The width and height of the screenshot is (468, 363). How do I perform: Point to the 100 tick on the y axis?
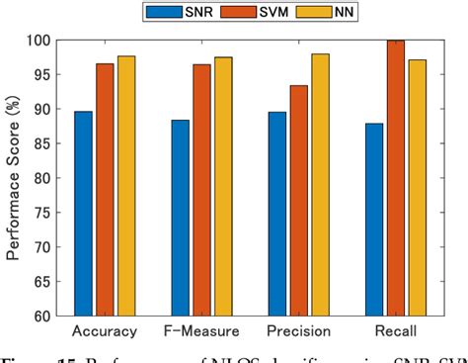point(42,41)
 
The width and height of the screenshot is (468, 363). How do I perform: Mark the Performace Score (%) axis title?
point(14,178)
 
